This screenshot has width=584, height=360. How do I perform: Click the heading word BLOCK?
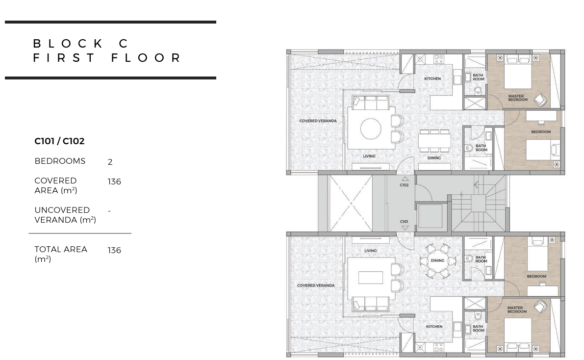click(x=68, y=44)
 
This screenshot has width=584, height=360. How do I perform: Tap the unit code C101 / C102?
click(x=60, y=141)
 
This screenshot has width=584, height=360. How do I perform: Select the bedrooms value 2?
click(x=110, y=162)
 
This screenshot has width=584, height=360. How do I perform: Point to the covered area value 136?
click(x=114, y=181)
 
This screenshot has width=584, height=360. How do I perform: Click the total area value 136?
click(x=114, y=250)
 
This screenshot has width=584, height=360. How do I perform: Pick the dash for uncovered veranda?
click(x=109, y=211)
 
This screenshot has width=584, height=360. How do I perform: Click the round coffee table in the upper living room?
click(x=371, y=129)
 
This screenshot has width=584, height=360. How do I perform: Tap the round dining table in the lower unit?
click(x=437, y=260)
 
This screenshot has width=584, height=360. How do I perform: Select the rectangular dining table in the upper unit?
click(x=434, y=141)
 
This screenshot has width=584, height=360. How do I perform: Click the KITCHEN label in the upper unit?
click(x=432, y=78)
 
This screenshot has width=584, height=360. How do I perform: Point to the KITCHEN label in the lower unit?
click(x=434, y=327)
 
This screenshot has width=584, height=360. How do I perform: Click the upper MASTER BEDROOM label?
click(x=518, y=98)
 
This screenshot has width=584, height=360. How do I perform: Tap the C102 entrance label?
click(x=404, y=185)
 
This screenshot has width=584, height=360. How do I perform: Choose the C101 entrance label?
click(x=404, y=221)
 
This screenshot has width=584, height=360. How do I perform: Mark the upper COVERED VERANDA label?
click(x=318, y=121)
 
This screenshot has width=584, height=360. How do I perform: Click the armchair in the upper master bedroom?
click(x=540, y=100)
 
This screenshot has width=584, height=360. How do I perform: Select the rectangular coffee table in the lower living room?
click(x=371, y=278)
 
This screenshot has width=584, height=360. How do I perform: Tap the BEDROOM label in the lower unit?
click(x=537, y=276)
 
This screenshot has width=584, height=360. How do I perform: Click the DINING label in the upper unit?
click(x=434, y=158)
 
